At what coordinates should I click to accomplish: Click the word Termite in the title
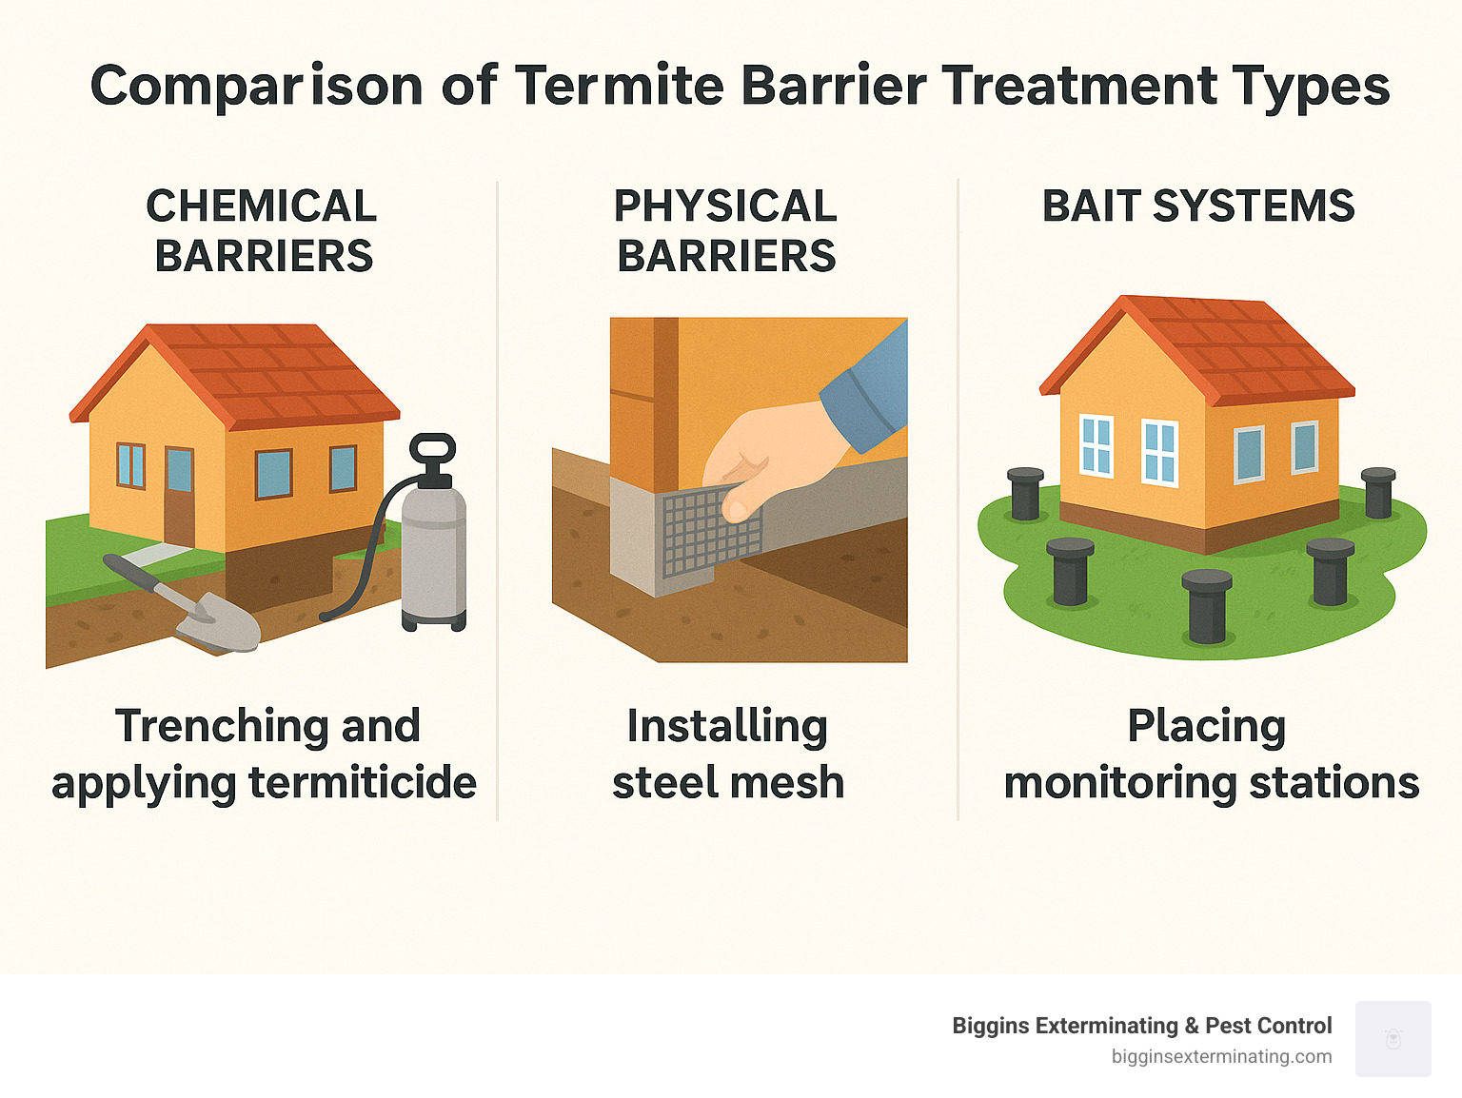tap(621, 86)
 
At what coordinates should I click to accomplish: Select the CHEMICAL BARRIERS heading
tap(263, 231)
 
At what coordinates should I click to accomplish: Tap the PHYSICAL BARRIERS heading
tap(726, 231)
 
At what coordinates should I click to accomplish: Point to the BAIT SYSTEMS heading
tap(1198, 206)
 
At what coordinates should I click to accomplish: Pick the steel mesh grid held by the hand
tap(710, 533)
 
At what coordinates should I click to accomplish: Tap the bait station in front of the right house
tap(1207, 606)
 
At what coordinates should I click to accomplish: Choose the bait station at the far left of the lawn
tap(1025, 494)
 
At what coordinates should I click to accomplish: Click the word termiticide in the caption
tap(363, 783)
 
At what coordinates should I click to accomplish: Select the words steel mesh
tap(728, 783)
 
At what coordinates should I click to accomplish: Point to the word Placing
tap(1206, 726)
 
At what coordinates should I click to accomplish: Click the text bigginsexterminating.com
tap(1221, 1056)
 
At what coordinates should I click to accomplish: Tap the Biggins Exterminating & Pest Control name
tap(1141, 1026)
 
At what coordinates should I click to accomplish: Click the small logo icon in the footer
tap(1393, 1039)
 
